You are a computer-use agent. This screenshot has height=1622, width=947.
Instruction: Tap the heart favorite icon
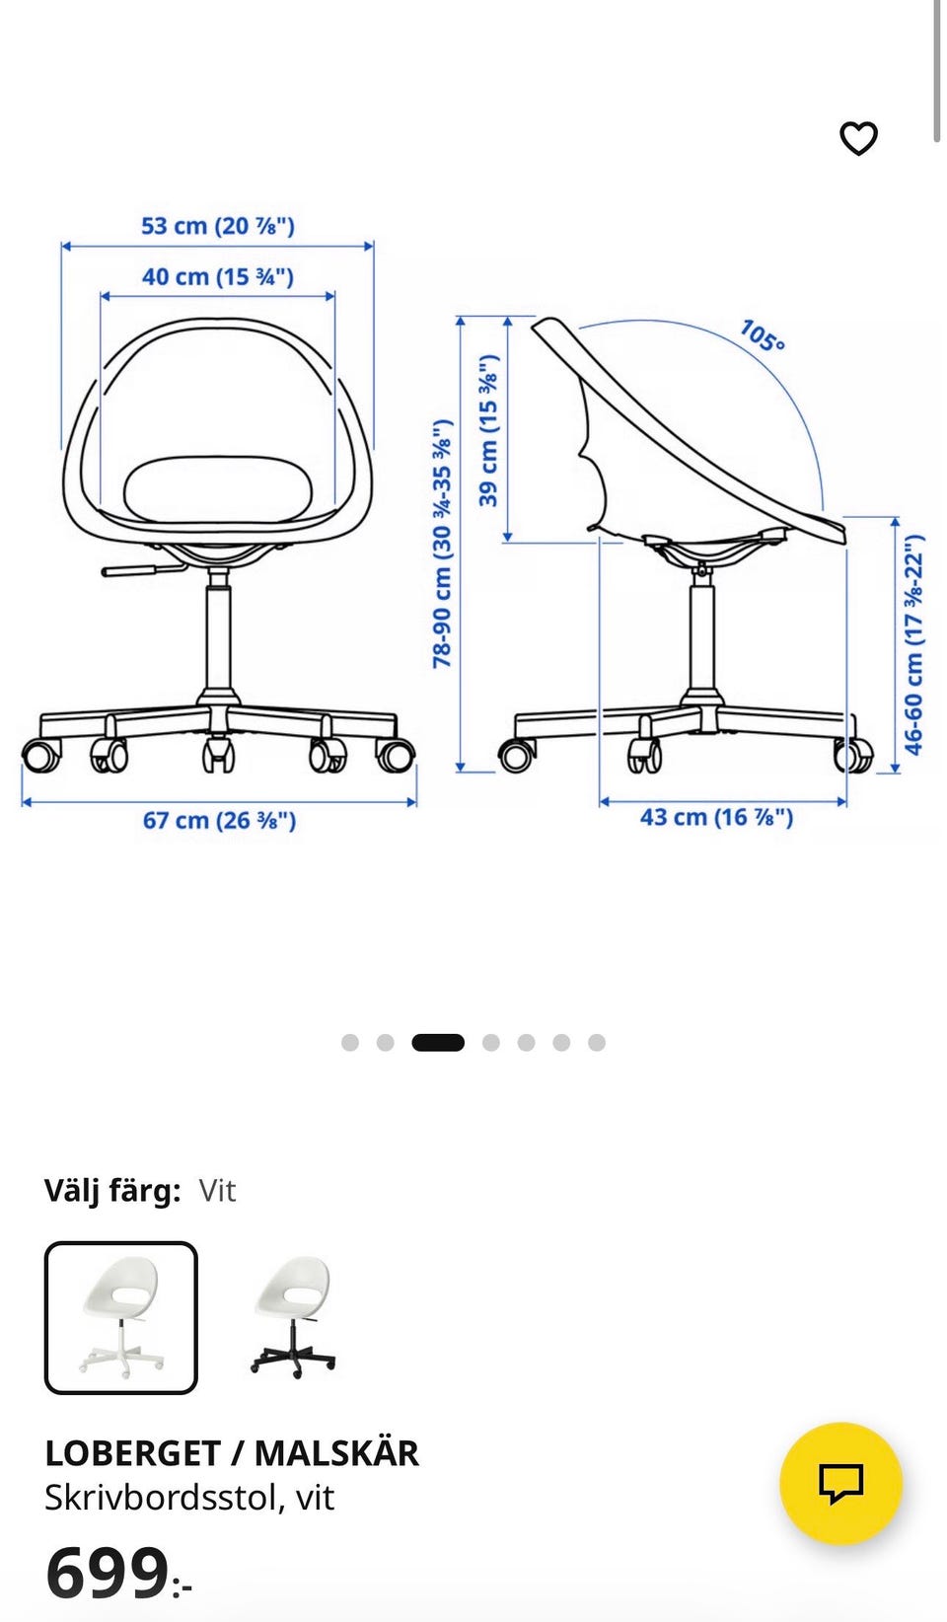[858, 138]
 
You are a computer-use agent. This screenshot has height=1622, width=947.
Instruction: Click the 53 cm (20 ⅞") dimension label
[218, 226]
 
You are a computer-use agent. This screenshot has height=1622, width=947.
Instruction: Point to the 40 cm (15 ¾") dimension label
[218, 276]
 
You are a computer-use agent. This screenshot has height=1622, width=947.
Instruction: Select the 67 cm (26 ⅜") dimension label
[219, 821]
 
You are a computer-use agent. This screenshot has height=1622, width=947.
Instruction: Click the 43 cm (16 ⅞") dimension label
[717, 818]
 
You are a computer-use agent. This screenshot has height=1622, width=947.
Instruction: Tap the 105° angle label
[763, 336]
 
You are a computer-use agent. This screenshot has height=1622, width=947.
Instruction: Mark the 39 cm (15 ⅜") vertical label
[489, 430]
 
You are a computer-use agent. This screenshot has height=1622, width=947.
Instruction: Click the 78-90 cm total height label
[442, 543]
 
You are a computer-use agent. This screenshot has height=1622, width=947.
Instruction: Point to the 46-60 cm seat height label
[914, 644]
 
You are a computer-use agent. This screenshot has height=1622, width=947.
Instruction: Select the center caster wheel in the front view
[218, 754]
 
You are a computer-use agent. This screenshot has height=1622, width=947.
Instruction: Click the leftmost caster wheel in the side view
[516, 755]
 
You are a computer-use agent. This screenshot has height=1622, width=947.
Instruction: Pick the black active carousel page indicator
[438, 1043]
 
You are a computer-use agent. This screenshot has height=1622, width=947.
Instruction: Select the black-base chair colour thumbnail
[293, 1317]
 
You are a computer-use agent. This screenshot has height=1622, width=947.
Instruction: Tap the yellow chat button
[841, 1484]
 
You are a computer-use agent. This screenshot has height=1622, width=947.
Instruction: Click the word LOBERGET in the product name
[132, 1453]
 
